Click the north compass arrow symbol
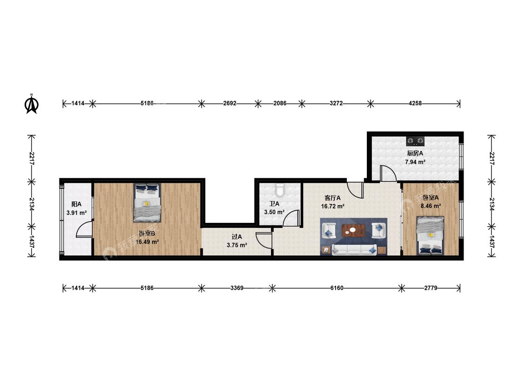pos(32,104)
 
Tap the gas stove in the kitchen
pos(415,141)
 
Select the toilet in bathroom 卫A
pos(280,189)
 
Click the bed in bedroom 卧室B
pos(147,203)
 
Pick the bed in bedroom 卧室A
pos(430,235)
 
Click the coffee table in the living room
pos(354,230)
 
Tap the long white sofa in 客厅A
pos(354,249)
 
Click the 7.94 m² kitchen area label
pos(415,163)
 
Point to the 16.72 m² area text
pos(332,206)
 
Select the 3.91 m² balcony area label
pos(76,213)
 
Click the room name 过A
pos(237,237)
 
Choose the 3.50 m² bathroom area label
pos(274,212)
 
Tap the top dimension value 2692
pos(230,103)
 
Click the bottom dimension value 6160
pos(337,287)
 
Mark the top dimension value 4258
pos(415,103)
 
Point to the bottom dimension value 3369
pos(237,287)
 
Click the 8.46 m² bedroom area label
pos(430,206)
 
